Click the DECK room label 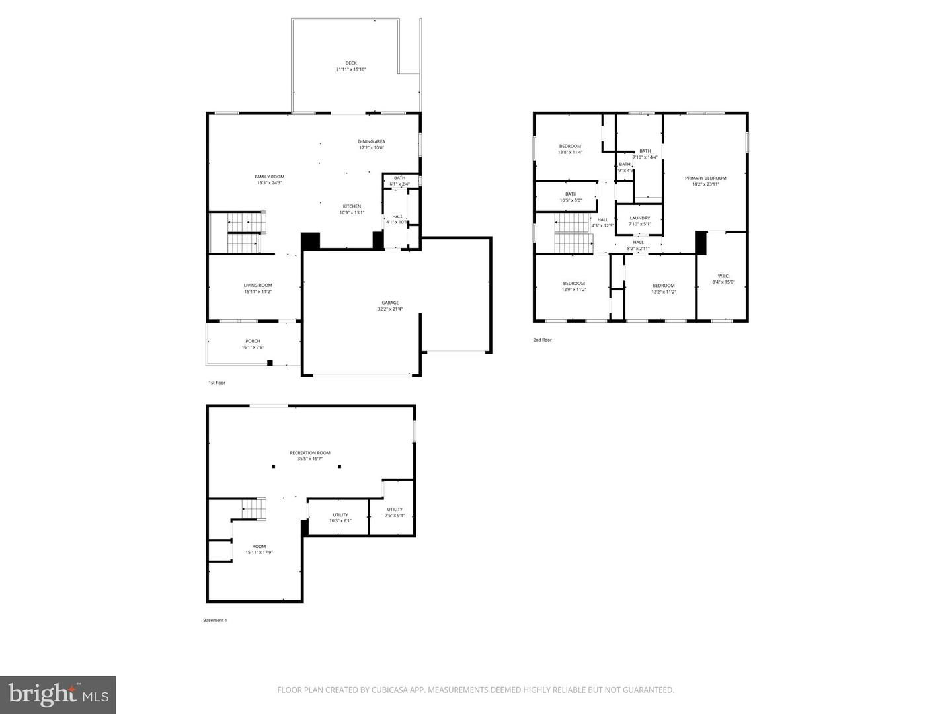click(x=350, y=63)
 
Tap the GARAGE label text click(x=390, y=303)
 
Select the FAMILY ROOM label click(x=270, y=177)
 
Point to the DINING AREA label click(x=372, y=141)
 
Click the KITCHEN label click(x=352, y=206)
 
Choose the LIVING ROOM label click(x=258, y=286)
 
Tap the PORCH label click(x=253, y=341)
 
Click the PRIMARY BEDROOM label click(x=705, y=178)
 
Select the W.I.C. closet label click(x=723, y=276)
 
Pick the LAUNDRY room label click(x=639, y=218)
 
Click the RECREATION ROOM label click(x=310, y=453)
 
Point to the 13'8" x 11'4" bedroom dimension click(x=570, y=153)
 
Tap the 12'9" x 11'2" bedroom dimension click(x=574, y=290)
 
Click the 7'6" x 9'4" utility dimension click(x=395, y=516)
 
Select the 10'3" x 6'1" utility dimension click(x=340, y=521)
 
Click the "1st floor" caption click(x=217, y=383)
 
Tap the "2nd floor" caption click(x=542, y=340)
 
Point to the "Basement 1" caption click(x=215, y=620)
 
